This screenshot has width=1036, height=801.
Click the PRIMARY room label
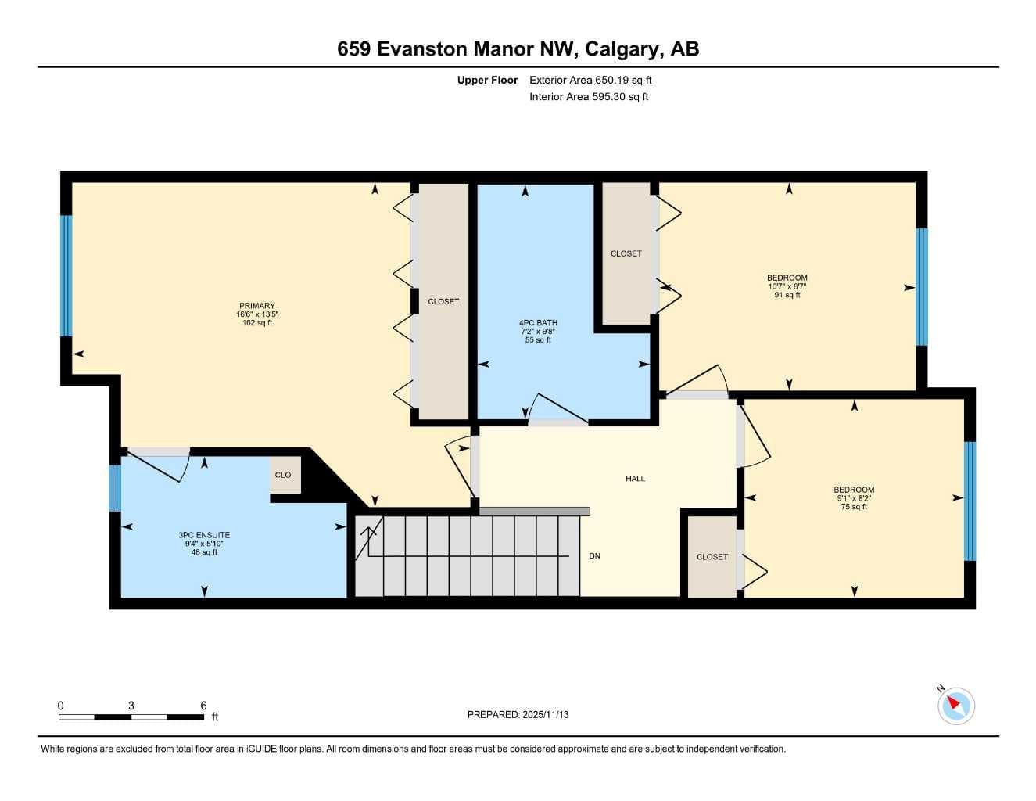pos(257,306)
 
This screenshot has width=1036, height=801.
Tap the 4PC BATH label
pos(538,323)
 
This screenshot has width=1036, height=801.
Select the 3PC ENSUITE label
pos(204,535)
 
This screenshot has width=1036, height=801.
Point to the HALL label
pos(635,478)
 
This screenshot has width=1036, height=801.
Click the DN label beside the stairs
pos(594,556)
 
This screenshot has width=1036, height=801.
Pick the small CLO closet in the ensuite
pos(285,475)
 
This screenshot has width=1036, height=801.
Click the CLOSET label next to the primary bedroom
pos(443,301)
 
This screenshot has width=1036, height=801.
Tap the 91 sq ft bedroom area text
pos(787,295)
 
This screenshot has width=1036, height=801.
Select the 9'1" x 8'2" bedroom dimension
pos(854,498)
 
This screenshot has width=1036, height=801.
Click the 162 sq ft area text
pos(257,323)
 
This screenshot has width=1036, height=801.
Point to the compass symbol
pos(956,706)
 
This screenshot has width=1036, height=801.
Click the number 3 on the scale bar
pos(131,706)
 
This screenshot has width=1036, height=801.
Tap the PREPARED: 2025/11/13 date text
pos(518,715)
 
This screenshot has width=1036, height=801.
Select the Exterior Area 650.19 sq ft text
pos(590,80)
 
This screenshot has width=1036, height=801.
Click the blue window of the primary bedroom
pos(66,276)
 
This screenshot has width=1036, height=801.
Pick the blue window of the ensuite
pos(115,488)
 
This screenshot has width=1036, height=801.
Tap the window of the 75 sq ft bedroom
pos(970,501)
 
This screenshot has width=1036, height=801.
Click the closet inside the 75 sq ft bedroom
pos(712,556)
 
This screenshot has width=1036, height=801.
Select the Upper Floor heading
pos(487,80)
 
